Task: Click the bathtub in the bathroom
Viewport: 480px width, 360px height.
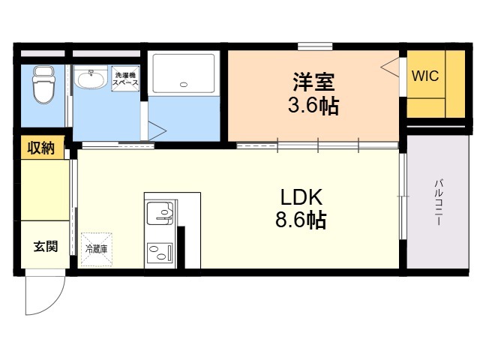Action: (184, 73)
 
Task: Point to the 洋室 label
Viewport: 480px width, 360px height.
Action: (313, 79)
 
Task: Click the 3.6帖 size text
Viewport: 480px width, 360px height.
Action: (313, 105)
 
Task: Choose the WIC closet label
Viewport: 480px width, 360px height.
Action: (424, 76)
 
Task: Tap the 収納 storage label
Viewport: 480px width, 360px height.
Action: (42, 148)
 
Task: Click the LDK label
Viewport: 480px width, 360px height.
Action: (301, 197)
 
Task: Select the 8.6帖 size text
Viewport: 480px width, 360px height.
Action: (301, 222)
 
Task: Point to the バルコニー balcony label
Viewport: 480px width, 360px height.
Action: (438, 199)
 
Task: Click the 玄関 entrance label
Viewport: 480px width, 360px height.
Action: (45, 246)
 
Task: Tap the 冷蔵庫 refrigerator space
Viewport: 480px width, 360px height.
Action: (95, 247)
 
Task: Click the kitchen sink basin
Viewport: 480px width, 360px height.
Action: (159, 213)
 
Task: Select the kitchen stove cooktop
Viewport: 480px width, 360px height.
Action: (160, 250)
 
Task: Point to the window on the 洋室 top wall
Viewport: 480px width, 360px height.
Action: (315, 46)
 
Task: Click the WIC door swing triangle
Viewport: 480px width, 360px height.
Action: (391, 67)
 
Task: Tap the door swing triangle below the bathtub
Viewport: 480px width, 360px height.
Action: (156, 129)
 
